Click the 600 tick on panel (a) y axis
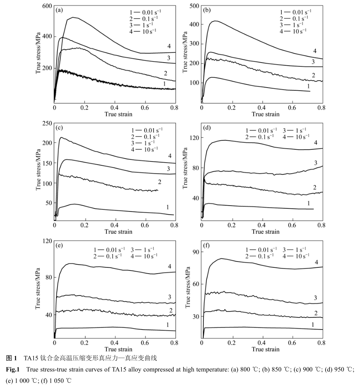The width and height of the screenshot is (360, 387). point(47,6)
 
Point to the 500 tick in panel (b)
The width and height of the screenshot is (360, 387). point(194,5)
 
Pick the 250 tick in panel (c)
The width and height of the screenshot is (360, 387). point(47,123)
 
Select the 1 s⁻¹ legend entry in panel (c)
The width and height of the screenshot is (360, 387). point(146,142)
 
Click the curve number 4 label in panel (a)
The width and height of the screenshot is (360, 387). point(169,46)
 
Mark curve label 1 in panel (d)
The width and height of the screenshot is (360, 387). point(309,203)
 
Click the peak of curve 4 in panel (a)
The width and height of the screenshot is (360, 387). point(73,17)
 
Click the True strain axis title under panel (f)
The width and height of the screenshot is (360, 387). point(266,349)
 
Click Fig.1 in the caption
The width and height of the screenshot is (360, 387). point(13,369)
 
